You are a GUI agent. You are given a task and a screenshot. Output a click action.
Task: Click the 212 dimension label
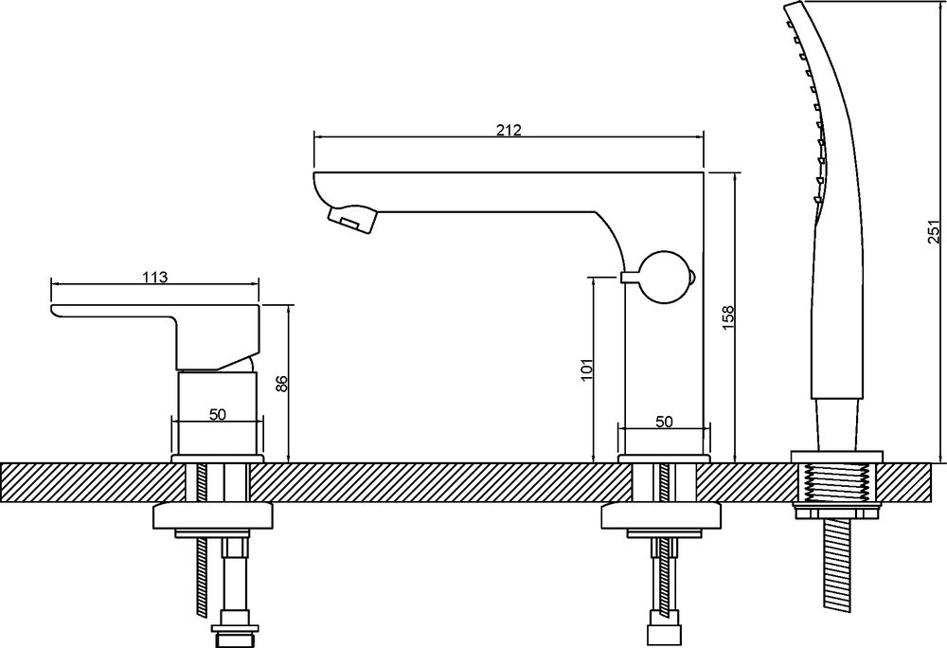pyautogui.click(x=509, y=130)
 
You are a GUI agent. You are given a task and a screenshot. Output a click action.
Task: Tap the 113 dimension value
pyautogui.click(x=155, y=278)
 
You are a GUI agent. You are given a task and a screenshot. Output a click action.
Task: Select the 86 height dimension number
pyautogui.click(x=281, y=383)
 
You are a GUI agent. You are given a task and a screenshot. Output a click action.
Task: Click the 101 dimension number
pyautogui.click(x=587, y=369)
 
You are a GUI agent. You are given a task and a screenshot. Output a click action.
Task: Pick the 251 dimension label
pyautogui.click(x=934, y=231)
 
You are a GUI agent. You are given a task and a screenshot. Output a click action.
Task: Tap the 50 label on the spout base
pyautogui.click(x=664, y=422)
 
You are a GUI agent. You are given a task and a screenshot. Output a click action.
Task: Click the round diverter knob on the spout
pyautogui.click(x=666, y=278)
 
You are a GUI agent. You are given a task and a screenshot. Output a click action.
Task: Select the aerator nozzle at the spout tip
pyautogui.click(x=351, y=217)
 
